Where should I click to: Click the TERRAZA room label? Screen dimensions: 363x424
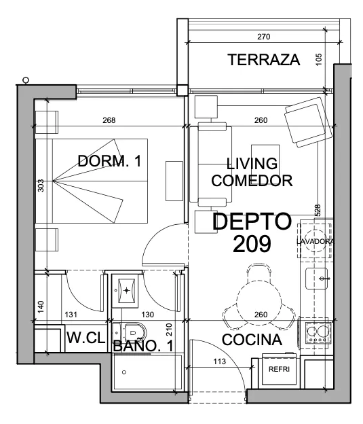point(264,60)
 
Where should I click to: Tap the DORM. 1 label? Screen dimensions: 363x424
point(109,161)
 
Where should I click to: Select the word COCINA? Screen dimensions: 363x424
point(252,340)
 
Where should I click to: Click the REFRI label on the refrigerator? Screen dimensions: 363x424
point(279,369)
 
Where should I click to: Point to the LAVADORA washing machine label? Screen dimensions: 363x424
point(316,241)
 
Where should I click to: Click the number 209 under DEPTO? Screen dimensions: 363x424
point(252,244)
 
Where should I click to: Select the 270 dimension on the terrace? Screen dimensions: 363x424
point(264,37)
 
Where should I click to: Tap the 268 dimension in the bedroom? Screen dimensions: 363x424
point(109,120)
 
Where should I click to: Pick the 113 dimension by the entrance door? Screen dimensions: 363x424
point(219,361)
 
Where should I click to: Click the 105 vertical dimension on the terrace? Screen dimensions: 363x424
point(319,59)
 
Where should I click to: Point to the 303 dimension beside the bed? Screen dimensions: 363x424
point(41,185)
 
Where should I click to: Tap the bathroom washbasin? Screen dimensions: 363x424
point(126,291)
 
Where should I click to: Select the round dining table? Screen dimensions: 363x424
point(259,302)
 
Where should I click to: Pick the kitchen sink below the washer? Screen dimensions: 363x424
point(317,279)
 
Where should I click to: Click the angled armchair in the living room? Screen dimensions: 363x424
point(308,122)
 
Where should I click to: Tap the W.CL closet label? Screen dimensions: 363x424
point(85,338)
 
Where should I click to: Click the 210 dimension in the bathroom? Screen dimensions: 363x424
point(169,330)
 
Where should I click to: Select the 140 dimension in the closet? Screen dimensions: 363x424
point(41,307)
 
